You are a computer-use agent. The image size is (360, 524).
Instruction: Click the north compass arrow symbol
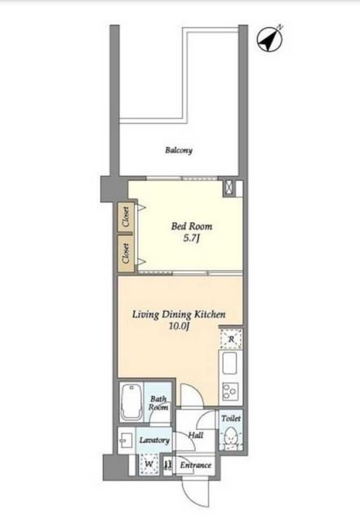click(269, 39)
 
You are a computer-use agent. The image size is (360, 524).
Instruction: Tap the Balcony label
click(179, 150)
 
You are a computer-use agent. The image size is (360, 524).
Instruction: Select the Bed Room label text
click(192, 226)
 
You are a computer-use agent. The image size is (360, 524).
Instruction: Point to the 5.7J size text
click(192, 239)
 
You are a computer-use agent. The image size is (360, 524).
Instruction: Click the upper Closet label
click(126, 217)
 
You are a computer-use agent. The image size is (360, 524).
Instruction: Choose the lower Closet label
click(126, 253)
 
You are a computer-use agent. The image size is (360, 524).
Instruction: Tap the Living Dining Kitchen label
click(179, 314)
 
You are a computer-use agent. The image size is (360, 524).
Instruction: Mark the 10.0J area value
click(179, 326)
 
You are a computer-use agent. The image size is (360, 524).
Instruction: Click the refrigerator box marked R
click(231, 340)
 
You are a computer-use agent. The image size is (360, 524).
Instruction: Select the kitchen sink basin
click(229, 363)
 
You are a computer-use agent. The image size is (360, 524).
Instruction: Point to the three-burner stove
click(229, 391)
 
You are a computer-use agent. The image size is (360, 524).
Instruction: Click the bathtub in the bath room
click(131, 402)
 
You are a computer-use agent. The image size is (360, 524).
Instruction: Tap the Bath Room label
click(158, 403)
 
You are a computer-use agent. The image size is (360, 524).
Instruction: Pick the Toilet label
click(231, 418)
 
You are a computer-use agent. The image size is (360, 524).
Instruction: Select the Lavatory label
click(154, 440)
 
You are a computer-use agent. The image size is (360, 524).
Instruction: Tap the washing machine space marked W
click(149, 464)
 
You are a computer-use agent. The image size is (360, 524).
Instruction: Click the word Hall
click(196, 435)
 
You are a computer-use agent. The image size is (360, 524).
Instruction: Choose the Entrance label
click(196, 465)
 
